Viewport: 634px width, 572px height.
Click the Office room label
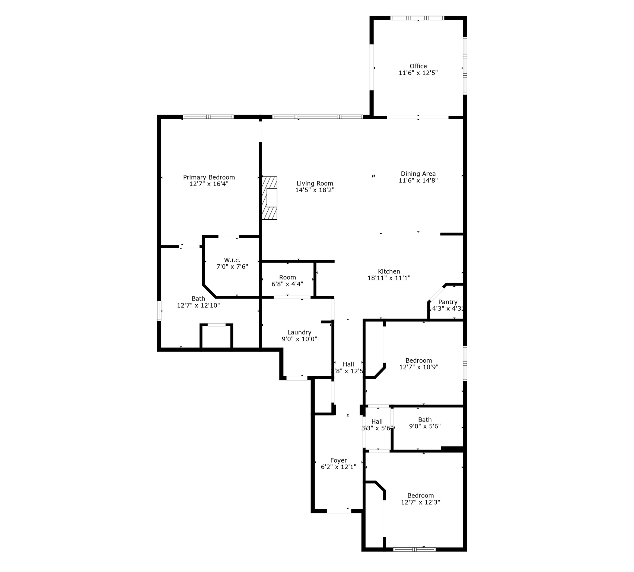coord(418,66)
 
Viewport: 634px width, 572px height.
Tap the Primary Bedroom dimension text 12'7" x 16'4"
coord(209,184)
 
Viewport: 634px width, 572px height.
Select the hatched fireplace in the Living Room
coord(270,198)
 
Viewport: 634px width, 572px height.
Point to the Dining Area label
coord(418,174)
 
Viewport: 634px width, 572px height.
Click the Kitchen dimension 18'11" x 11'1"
coord(389,278)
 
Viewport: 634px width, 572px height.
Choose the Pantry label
coord(448,302)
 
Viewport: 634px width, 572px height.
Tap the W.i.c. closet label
coord(232,260)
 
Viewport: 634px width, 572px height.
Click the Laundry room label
coord(299,333)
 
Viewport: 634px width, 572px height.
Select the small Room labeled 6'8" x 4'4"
coord(287,281)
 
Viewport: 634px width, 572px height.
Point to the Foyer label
coord(338,461)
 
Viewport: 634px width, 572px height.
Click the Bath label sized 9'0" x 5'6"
coord(425,420)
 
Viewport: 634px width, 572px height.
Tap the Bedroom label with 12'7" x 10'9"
coord(419,360)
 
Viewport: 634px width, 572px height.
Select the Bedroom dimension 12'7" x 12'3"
coord(420,502)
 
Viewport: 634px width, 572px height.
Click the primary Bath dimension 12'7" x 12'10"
coord(198,306)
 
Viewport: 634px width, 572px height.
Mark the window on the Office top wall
coord(417,18)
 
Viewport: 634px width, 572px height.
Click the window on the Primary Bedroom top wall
coord(208,117)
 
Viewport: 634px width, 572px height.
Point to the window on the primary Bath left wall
coord(159,311)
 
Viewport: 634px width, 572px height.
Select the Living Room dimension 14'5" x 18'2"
coord(315,190)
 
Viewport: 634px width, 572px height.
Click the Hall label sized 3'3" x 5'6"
coord(377,422)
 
